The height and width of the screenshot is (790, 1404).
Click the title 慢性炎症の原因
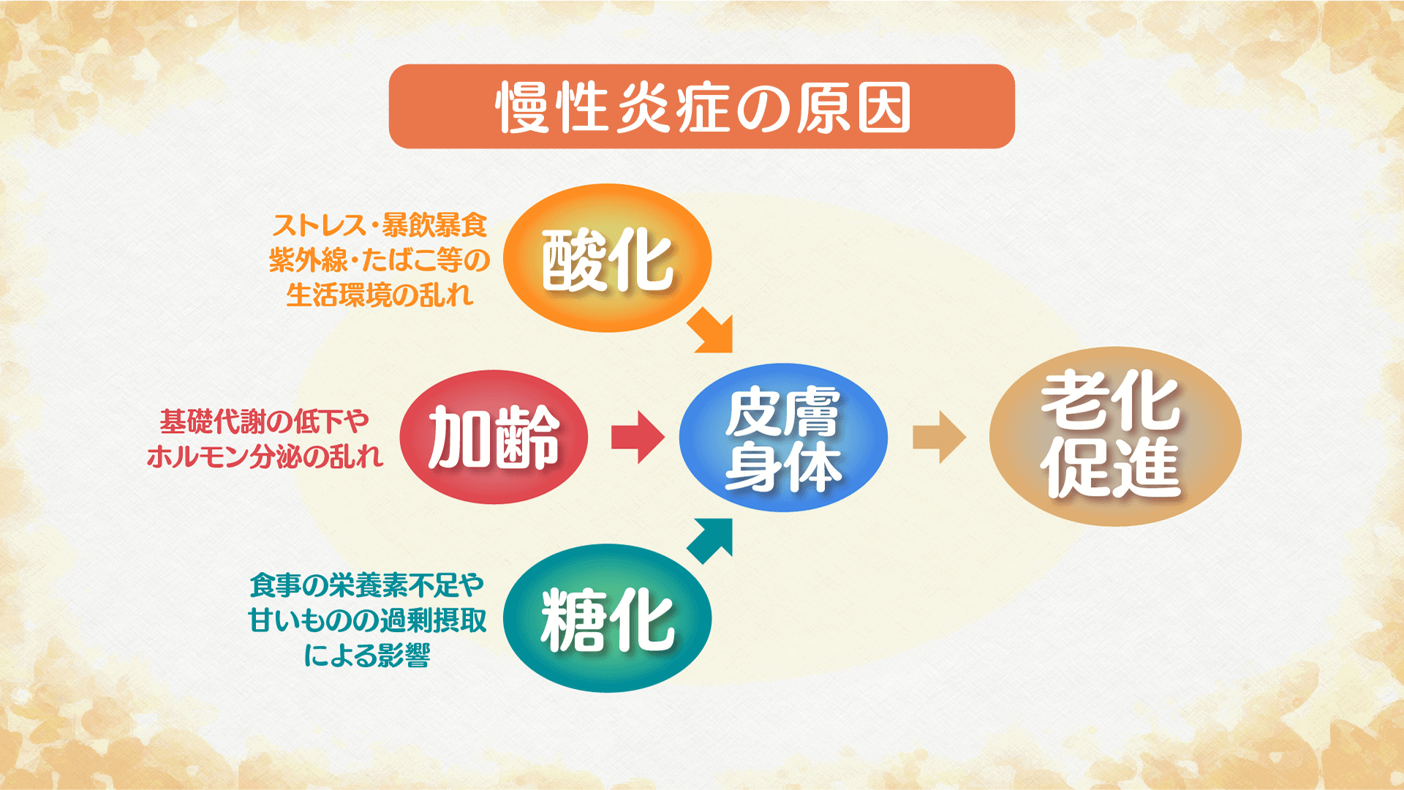(702, 107)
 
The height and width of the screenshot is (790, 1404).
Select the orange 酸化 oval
(607, 257)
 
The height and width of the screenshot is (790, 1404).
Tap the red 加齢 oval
(494, 437)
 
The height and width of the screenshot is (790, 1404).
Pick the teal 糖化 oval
(607, 618)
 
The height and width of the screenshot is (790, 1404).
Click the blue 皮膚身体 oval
(783, 437)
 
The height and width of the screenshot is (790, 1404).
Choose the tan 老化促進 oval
(1115, 436)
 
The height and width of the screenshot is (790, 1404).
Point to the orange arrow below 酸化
(711, 331)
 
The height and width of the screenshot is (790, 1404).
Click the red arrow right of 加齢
(638, 437)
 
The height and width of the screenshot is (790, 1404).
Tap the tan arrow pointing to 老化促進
(940, 437)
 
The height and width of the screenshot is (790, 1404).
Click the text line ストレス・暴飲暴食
(380, 225)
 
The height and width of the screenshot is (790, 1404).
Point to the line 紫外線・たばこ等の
(380, 260)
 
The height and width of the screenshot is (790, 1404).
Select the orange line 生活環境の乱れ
(380, 296)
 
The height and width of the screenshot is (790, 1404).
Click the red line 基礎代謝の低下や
(265, 421)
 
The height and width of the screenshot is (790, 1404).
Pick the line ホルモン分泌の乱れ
(265, 456)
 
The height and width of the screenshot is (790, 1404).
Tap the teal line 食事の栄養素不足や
(367, 585)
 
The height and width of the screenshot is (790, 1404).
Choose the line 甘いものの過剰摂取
(367, 620)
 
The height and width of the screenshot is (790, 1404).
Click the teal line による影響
(367, 655)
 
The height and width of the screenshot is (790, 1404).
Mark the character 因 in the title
(883, 107)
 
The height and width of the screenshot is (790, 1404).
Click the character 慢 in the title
(522, 107)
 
